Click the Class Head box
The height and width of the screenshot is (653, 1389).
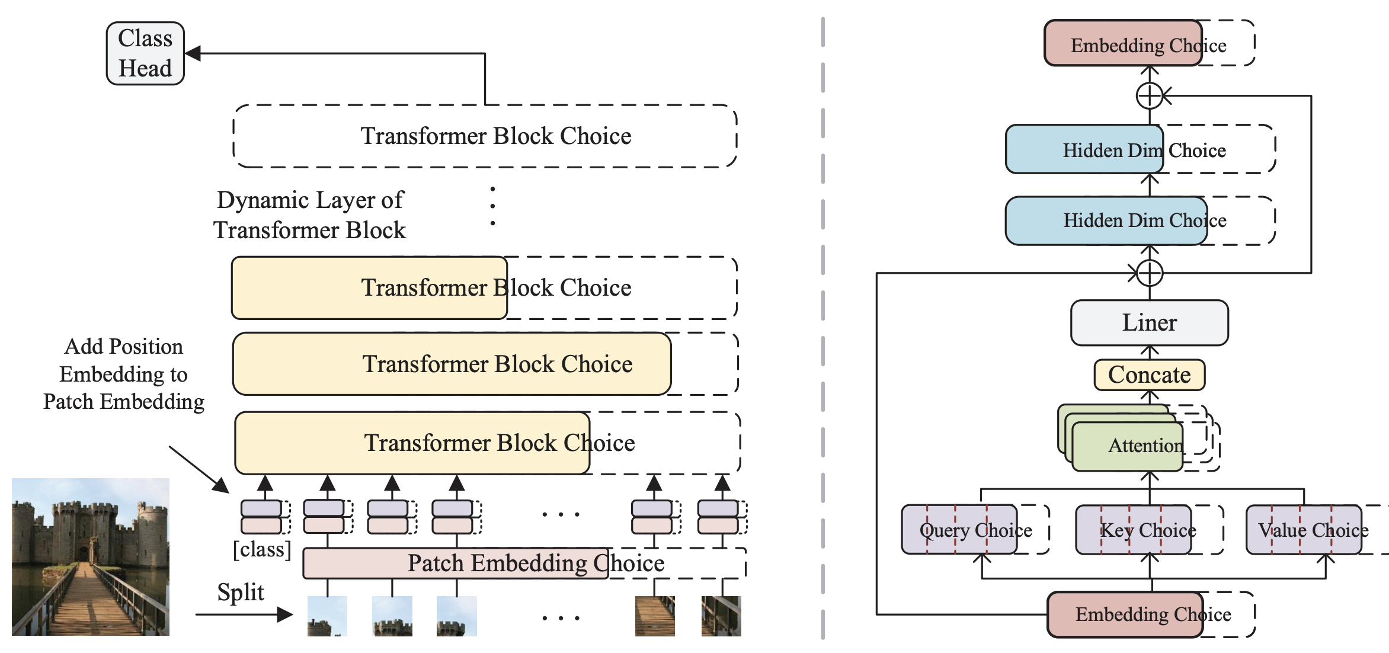[x=145, y=53]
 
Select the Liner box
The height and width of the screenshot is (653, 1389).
[x=1149, y=323]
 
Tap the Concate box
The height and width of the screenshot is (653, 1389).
[x=1149, y=375]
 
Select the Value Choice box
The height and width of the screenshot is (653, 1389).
[x=1304, y=530]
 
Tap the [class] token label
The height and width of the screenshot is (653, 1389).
[x=262, y=550]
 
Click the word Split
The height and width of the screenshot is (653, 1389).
[x=240, y=592]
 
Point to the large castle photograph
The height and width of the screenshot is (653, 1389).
[x=91, y=557]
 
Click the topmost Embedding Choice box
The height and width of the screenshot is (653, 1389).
[x=1124, y=44]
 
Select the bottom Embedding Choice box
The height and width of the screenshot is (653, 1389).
[x=1125, y=614]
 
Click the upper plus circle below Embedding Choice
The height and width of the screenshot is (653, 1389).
[x=1150, y=95]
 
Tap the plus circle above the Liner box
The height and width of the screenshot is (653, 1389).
[x=1150, y=273]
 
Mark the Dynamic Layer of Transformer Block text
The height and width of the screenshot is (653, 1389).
[x=310, y=215]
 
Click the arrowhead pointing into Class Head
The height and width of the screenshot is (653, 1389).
[x=193, y=53]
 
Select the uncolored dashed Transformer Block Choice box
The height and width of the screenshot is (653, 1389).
[x=485, y=136]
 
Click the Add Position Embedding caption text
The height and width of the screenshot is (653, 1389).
[x=124, y=374]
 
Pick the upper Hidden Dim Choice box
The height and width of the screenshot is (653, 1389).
[x=1084, y=150]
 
